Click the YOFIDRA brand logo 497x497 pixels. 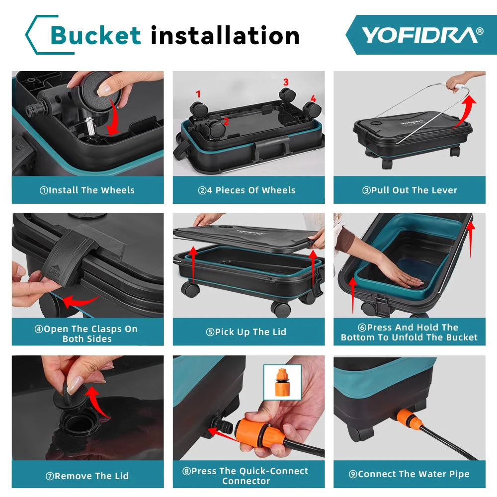421,35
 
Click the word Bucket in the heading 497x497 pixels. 96,36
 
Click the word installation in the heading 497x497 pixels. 225,36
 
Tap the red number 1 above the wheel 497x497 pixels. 198,94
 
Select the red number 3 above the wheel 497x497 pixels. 286,82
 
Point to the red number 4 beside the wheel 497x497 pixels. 313,98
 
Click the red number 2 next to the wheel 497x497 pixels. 226,121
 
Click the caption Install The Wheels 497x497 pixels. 87,190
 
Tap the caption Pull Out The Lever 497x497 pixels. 409,190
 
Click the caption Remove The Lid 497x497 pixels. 87,476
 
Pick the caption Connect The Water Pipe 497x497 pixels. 409,474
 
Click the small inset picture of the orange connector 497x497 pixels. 282,382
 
